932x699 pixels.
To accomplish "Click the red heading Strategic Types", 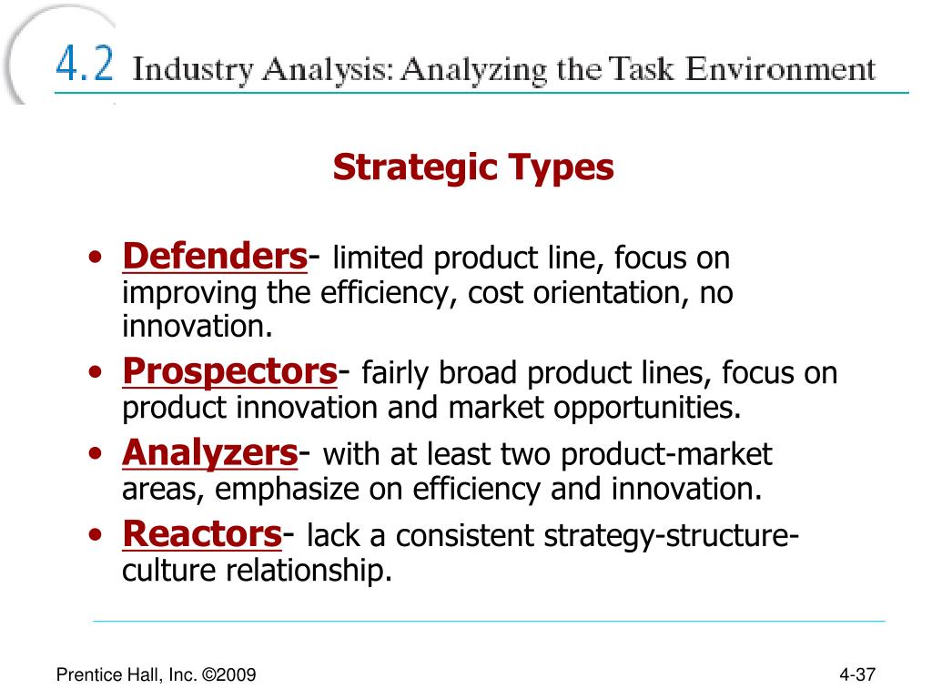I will pos(473,167).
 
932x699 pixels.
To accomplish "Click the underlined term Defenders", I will pos(214,257).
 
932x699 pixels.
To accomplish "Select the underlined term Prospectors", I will pos(229,371).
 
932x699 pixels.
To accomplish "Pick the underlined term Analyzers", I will pos(210,451).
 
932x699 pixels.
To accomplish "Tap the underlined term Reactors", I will pos(201,534).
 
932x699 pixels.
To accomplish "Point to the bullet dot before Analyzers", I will pos(96,455).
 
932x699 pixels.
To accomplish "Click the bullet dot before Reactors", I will pos(96,537).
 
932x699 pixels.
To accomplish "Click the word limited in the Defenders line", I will pos(379,259).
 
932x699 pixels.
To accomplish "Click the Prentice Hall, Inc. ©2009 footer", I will pos(156,674).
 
